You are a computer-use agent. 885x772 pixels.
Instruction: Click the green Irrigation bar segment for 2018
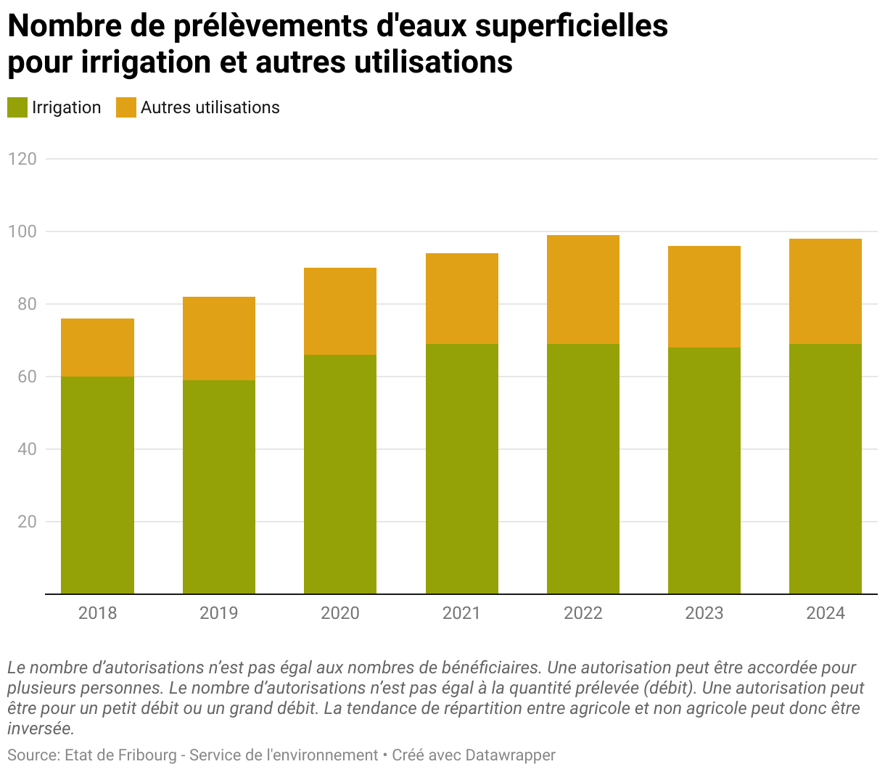(97, 485)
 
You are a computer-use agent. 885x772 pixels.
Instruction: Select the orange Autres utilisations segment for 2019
(218, 338)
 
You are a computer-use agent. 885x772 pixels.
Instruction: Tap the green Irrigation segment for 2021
(461, 468)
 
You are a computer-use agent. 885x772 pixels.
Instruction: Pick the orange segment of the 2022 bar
(583, 289)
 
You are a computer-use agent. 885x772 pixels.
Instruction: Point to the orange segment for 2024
(825, 291)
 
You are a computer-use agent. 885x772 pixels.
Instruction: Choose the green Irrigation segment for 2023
(704, 470)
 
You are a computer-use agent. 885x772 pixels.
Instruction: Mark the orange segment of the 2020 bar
(339, 311)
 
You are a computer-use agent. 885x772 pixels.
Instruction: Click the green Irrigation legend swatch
(17, 108)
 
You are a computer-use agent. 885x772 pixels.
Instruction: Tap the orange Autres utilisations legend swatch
(126, 108)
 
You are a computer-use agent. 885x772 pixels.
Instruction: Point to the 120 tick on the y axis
(22, 159)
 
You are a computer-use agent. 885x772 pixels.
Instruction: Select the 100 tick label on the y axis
(22, 231)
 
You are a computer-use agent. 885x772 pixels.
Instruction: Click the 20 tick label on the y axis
(27, 522)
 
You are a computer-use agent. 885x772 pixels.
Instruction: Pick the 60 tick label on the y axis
(27, 377)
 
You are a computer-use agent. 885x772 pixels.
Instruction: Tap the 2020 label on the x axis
(339, 613)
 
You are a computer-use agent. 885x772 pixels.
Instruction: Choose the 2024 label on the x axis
(825, 613)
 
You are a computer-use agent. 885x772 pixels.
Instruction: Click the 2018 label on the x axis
(97, 613)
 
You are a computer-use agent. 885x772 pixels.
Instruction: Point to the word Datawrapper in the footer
(510, 755)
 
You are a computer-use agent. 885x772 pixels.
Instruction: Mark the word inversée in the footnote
(41, 728)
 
